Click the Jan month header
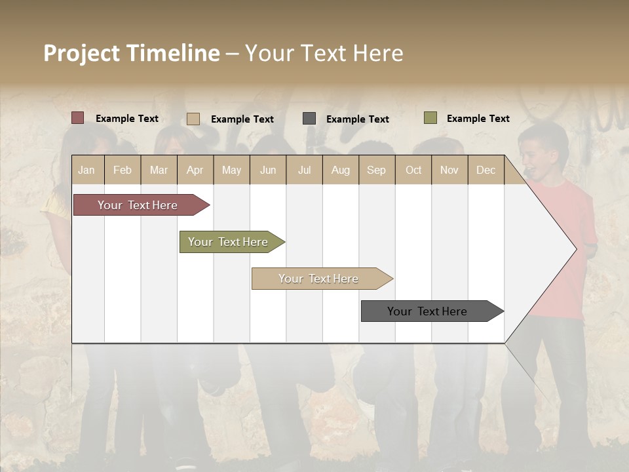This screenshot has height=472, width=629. (86, 170)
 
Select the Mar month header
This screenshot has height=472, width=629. (159, 170)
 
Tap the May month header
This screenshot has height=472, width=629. (231, 170)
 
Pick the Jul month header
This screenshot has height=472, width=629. (304, 170)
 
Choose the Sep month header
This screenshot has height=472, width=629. (376, 170)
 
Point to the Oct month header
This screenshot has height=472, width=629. (413, 170)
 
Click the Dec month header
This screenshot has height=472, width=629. (486, 170)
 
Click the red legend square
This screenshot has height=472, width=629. (77, 118)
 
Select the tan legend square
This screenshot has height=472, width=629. (193, 119)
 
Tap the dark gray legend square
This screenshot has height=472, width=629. (309, 119)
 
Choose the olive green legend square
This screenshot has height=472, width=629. (430, 118)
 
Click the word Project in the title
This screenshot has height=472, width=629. (81, 53)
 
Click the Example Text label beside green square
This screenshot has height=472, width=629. (478, 119)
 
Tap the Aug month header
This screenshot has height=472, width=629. (340, 170)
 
